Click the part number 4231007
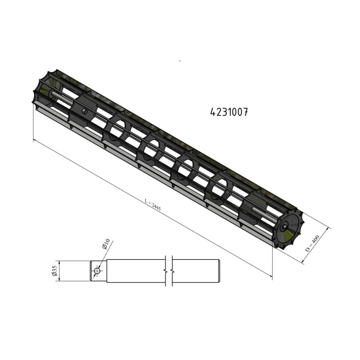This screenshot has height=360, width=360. tap(229, 112)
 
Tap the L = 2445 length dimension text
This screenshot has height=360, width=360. tap(153, 204)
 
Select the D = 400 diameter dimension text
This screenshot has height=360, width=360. tap(312, 243)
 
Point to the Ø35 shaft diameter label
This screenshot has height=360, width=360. tap(55, 271)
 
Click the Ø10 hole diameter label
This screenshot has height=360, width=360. tap(106, 244)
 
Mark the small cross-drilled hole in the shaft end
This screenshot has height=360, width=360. tap(97, 271)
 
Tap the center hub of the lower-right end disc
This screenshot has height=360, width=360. tap(285, 226)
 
